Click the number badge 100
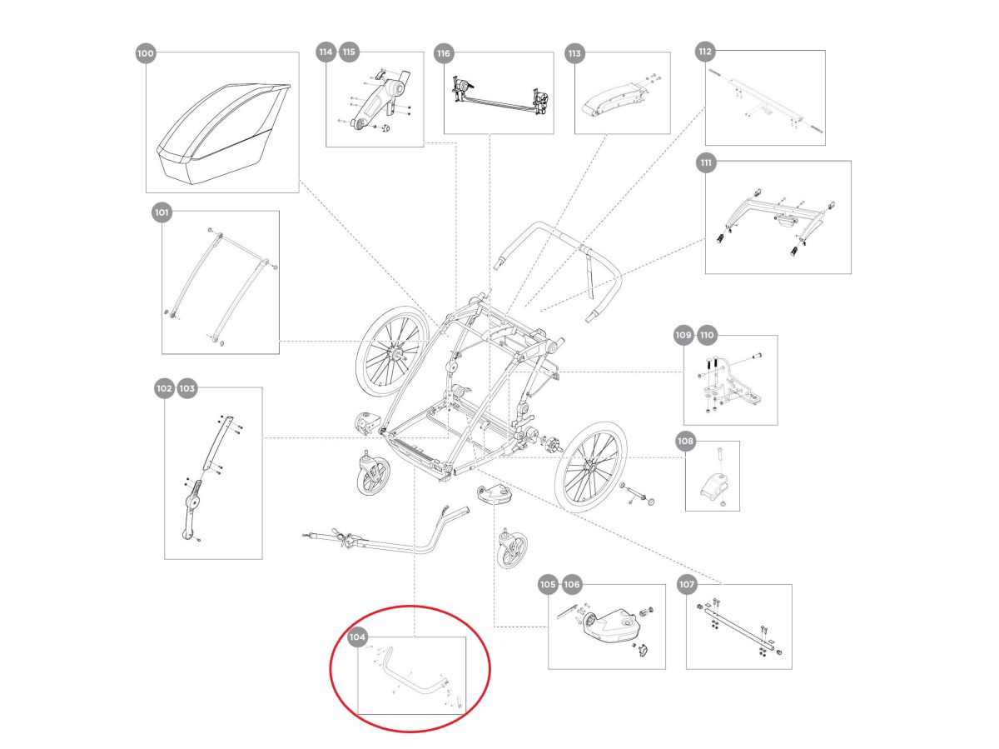[x=145, y=53]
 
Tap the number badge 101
[x=162, y=213]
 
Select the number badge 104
[x=358, y=638]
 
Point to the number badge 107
[x=687, y=585]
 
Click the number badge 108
[x=685, y=441]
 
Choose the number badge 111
[x=706, y=163]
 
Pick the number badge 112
[x=705, y=52]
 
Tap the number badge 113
[x=574, y=53]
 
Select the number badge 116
[x=444, y=53]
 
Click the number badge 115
[x=348, y=52]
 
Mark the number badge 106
[x=572, y=585]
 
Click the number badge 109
[x=683, y=336]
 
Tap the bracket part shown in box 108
[x=714, y=484]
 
